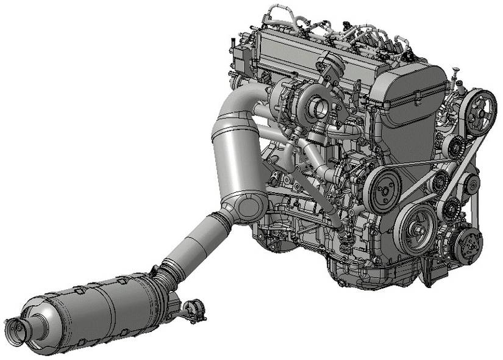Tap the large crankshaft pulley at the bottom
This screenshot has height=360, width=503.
(417, 228)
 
